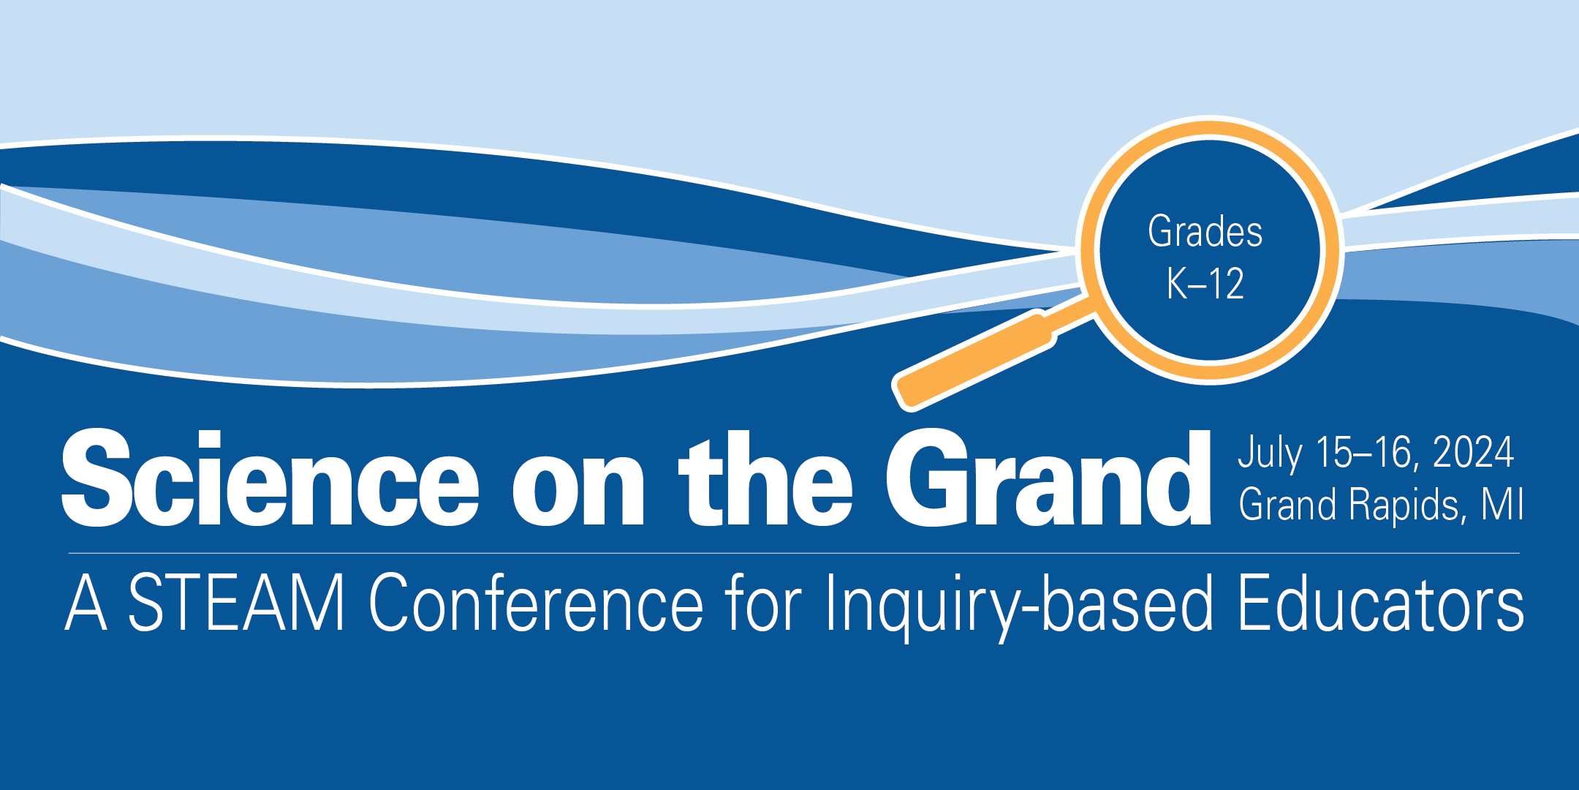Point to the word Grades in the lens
1205,233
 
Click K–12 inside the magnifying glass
1205,284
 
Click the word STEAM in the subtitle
235,603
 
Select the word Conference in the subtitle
536,603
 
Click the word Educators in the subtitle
1381,603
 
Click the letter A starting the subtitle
86,603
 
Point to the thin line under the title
794,553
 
